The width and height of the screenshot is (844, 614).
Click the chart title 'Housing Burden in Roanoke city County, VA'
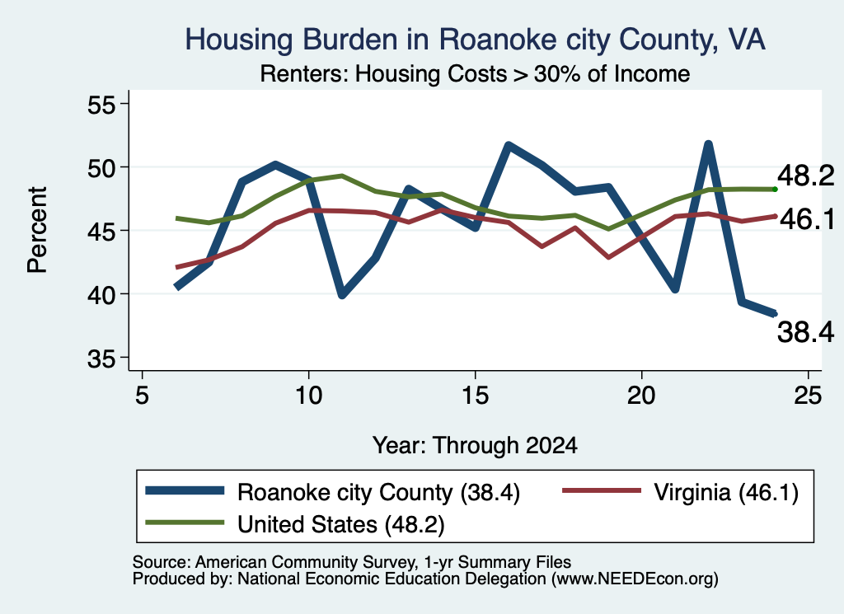[x=475, y=40]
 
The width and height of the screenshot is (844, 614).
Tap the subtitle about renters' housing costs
[x=475, y=74]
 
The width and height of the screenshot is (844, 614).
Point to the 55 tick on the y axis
[x=101, y=104]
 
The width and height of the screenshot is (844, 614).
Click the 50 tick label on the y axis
[x=101, y=167]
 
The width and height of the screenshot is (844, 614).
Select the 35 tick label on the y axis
[x=101, y=359]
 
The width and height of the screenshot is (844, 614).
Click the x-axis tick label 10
[x=308, y=396]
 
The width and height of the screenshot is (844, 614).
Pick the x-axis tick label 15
[x=475, y=396]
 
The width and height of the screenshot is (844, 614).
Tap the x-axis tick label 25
[x=808, y=396]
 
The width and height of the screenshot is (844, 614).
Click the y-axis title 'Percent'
[x=38, y=230]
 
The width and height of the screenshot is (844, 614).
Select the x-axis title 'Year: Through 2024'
[x=475, y=446]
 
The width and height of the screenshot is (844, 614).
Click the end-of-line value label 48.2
[x=806, y=176]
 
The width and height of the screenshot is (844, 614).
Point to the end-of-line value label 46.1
[x=808, y=219]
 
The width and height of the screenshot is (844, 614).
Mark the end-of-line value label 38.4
[x=806, y=331]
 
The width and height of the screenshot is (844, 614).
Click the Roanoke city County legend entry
[x=333, y=492]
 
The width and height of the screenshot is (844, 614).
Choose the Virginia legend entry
[x=680, y=492]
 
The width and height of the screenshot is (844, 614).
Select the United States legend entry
[x=295, y=524]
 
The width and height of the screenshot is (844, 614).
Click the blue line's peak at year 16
[x=508, y=145]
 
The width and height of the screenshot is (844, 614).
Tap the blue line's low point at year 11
[x=342, y=295]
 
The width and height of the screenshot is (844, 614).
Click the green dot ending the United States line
[x=775, y=190]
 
